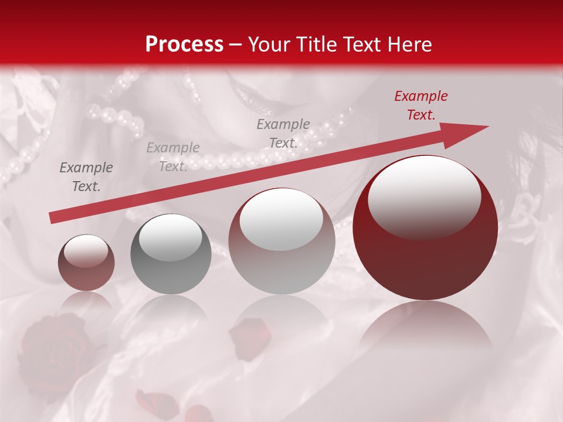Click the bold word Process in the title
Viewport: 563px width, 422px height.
click(x=184, y=45)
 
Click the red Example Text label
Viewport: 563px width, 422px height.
click(x=420, y=105)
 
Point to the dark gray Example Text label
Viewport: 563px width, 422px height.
click(x=86, y=177)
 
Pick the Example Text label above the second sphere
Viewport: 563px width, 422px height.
click(x=172, y=157)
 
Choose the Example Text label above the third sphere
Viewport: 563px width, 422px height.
click(x=283, y=134)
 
